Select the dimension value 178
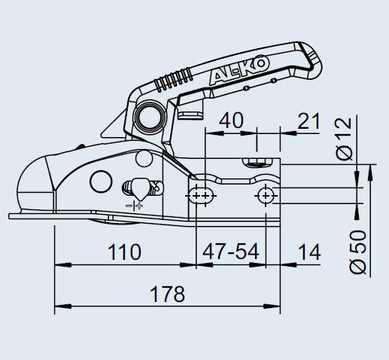pyautogui.click(x=167, y=294)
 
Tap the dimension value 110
pyautogui.click(x=124, y=252)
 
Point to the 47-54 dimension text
pyautogui.click(x=231, y=252)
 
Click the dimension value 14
pyautogui.click(x=310, y=252)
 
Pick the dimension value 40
pyautogui.click(x=231, y=121)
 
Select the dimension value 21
pyautogui.click(x=308, y=121)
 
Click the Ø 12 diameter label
pyautogui.click(x=344, y=139)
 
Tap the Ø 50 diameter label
pyautogui.click(x=358, y=252)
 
